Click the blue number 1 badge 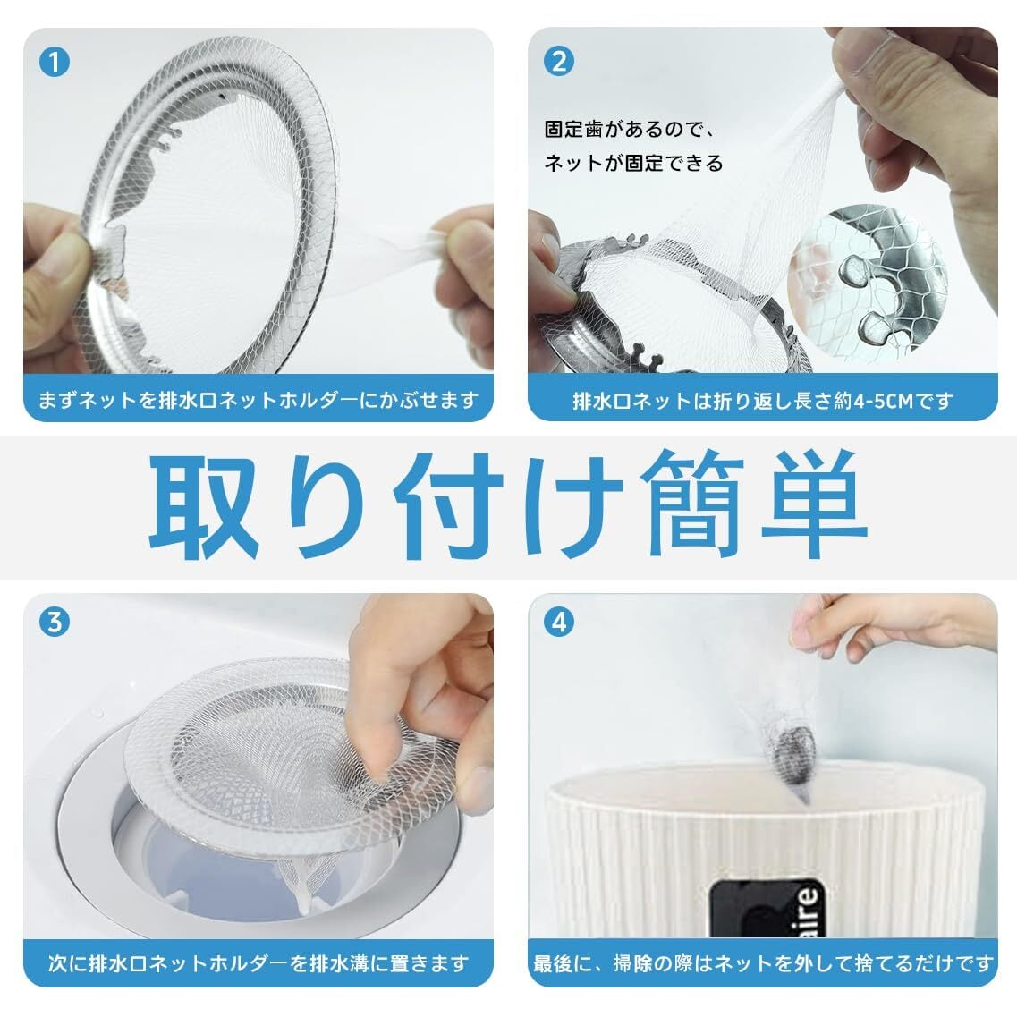55,62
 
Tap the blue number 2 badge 558,62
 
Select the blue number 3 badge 55,622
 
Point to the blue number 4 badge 558,622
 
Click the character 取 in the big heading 204,506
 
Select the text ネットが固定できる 633,163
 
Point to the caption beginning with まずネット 258,400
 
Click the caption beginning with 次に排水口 258,963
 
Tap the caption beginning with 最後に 763,963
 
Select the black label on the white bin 767,908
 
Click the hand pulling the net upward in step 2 914,110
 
